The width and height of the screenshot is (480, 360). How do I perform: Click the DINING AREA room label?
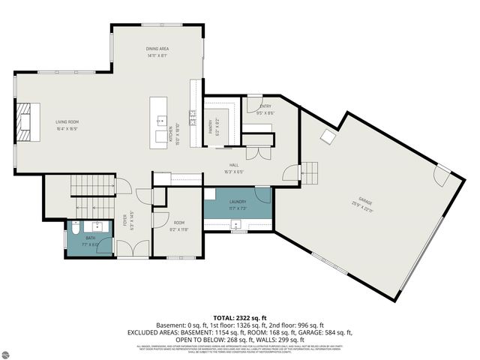pyautogui.click(x=157, y=49)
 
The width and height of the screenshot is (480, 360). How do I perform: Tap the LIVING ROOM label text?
pyautogui.click(x=67, y=121)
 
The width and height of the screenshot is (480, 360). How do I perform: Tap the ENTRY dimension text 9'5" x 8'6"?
pyautogui.click(x=265, y=113)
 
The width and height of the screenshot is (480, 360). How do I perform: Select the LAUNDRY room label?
pyautogui.click(x=238, y=202)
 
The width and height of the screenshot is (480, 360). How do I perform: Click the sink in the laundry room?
pyautogui.click(x=236, y=225)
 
